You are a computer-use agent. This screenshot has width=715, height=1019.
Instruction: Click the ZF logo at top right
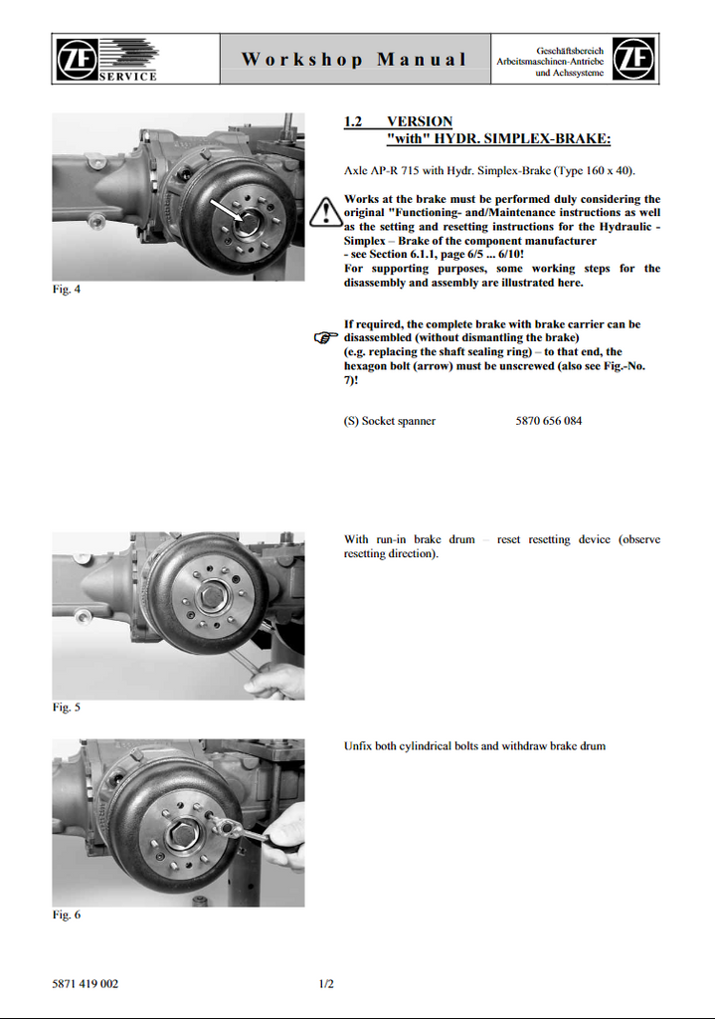633,60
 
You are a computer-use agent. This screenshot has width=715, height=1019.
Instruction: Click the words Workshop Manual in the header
354,60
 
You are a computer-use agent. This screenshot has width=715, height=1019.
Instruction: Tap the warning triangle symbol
324,212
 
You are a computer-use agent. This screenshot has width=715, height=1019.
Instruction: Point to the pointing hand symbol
325,338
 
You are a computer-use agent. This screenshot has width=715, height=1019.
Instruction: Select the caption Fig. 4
66,290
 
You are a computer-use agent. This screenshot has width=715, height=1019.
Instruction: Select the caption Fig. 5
66,708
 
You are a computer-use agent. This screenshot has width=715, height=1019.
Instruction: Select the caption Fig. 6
66,915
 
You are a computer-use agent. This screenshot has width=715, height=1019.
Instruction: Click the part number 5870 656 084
549,421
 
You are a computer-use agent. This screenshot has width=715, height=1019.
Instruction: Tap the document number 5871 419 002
86,984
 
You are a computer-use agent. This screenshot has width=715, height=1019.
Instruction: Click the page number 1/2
326,984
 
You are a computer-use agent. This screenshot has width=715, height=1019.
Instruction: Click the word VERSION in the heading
420,121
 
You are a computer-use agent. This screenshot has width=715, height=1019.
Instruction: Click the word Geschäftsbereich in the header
570,50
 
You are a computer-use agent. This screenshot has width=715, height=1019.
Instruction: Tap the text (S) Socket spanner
390,421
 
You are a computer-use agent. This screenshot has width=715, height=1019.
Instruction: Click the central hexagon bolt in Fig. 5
212,595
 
